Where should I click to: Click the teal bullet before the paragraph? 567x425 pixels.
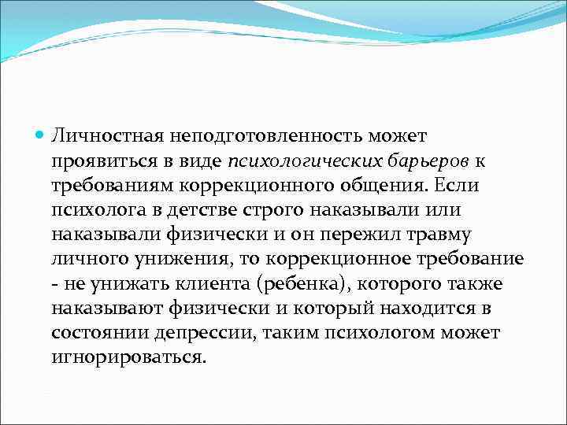[40, 137]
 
